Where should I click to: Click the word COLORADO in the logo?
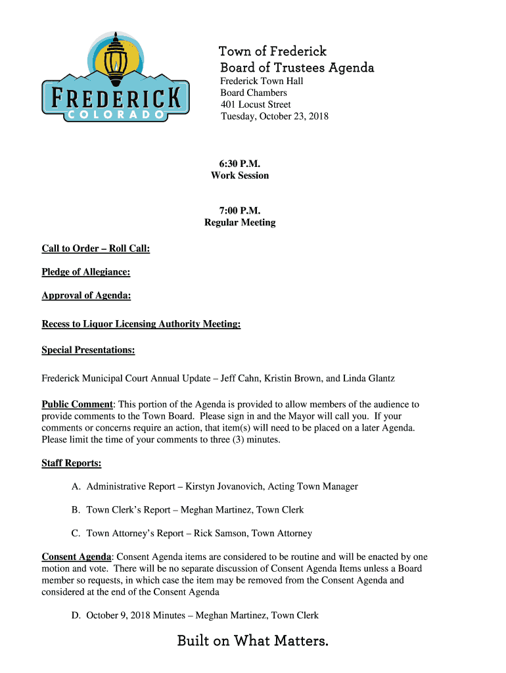[116, 115]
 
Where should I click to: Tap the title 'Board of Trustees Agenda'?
[297, 68]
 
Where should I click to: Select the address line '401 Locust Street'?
[255, 104]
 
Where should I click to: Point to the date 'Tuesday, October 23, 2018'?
[274, 116]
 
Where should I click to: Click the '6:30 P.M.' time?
[239, 164]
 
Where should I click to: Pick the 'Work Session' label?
[240, 175]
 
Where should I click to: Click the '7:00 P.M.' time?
[240, 211]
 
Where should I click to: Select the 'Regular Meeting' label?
[240, 223]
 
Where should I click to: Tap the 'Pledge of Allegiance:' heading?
[85, 272]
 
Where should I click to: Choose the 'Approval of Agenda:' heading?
[86, 296]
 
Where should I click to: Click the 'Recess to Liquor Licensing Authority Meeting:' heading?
[141, 324]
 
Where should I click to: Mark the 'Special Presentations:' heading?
[88, 350]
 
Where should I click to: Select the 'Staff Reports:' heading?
[72, 463]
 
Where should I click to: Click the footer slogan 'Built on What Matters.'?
[252, 641]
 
